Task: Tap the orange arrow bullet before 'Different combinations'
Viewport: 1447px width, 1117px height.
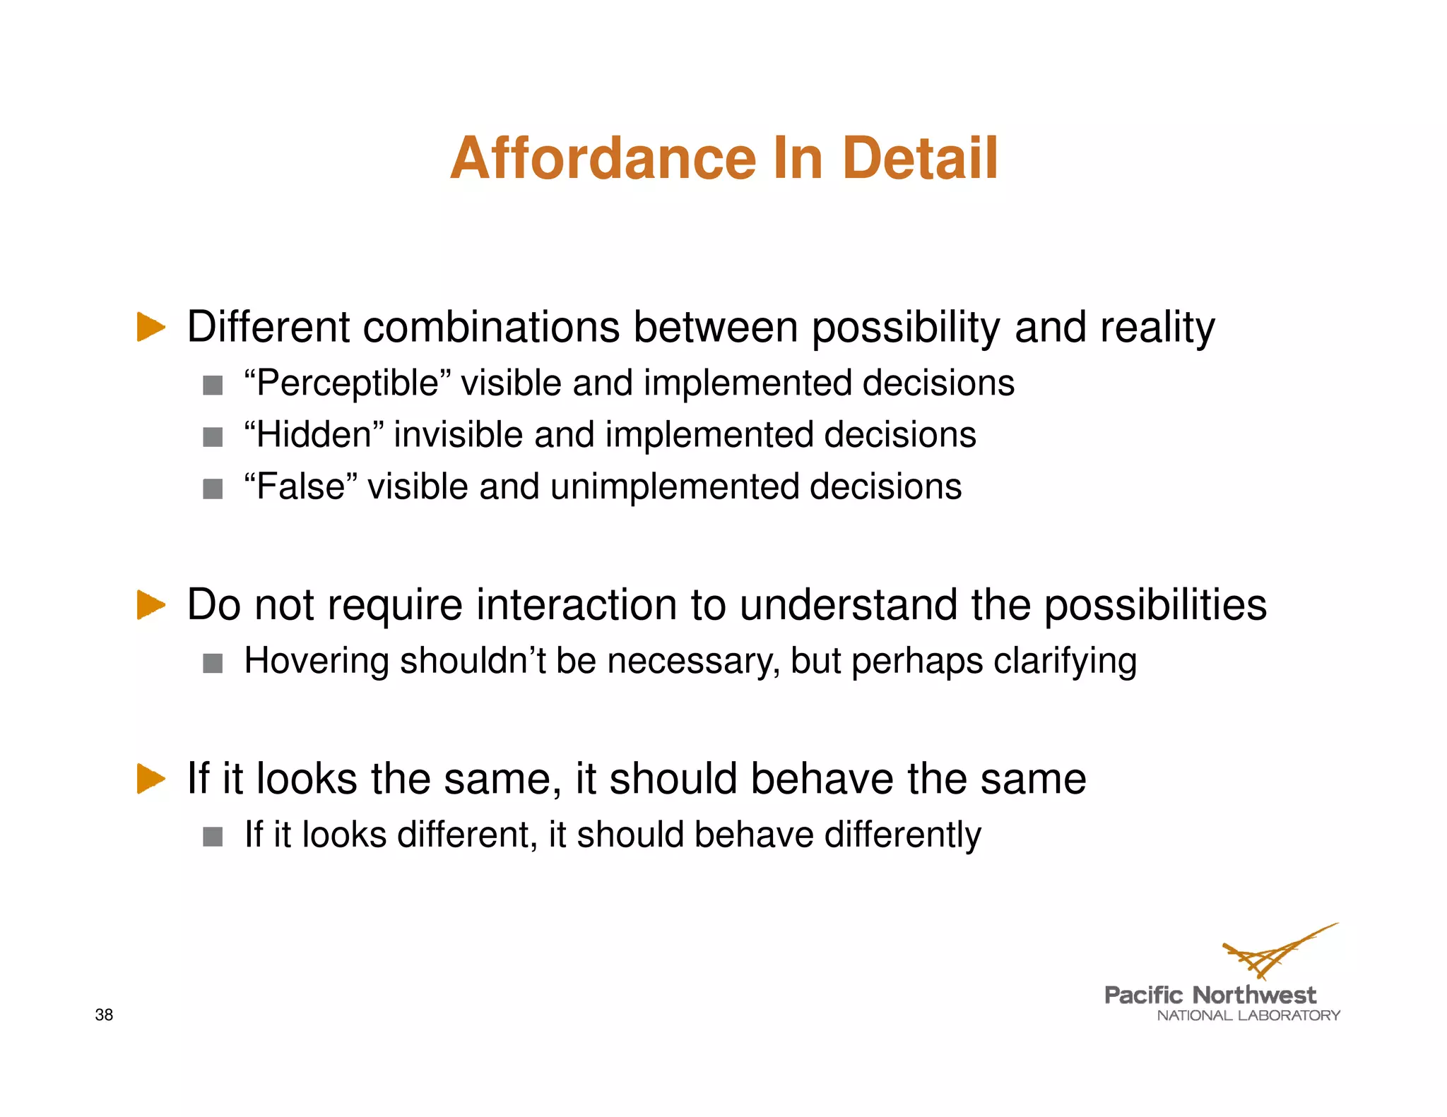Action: point(150,327)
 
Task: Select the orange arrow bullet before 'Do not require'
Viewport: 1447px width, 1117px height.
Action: point(150,605)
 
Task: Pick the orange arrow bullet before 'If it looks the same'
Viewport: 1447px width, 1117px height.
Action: point(150,779)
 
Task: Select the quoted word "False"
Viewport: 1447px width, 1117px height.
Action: point(300,486)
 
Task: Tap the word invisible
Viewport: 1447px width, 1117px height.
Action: point(458,435)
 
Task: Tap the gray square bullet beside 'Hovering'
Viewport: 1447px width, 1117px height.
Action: point(213,663)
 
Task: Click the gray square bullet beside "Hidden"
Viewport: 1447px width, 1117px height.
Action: point(213,437)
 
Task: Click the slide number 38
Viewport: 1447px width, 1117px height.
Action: point(104,1015)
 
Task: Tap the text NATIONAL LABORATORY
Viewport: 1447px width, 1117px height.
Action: point(1248,1015)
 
